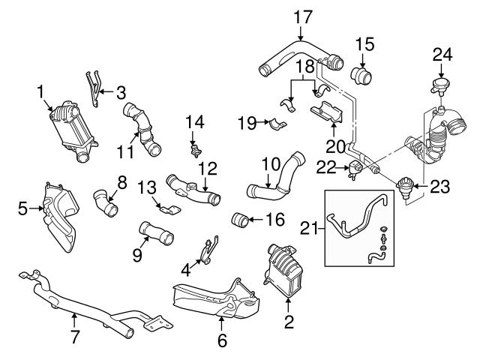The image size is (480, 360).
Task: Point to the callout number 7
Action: tap(74, 338)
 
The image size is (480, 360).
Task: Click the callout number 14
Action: tap(193, 121)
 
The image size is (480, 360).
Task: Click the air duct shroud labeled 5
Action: tap(61, 217)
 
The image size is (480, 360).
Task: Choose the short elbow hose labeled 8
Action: tap(105, 204)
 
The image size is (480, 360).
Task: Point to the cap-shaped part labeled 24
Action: tap(439, 84)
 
